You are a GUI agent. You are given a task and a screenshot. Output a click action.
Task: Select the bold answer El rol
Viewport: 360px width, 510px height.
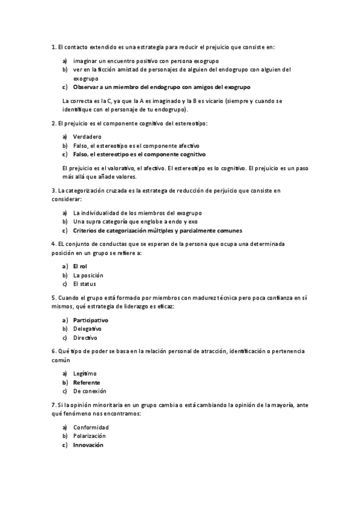point(80,266)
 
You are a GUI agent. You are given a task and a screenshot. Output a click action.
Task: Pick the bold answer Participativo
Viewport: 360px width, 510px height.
point(91,320)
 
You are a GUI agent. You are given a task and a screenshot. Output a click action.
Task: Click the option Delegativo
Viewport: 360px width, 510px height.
point(87,329)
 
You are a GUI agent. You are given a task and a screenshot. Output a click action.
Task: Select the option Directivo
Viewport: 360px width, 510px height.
point(85,338)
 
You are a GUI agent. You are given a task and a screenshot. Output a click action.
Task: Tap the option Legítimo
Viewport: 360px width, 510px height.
point(85,373)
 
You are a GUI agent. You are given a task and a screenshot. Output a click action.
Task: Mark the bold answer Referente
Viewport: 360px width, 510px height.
point(87,382)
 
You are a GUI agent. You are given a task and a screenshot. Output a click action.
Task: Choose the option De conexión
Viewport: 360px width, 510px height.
point(90,392)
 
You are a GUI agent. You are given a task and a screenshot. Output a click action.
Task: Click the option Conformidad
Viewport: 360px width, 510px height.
point(91,427)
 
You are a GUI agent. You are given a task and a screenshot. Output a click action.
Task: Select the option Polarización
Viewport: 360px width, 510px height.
point(89,436)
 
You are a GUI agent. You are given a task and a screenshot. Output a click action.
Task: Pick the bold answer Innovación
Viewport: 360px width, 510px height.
point(88,445)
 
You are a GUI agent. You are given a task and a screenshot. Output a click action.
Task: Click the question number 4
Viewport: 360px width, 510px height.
point(53,244)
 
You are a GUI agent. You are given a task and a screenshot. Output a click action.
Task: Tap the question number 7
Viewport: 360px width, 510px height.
point(53,405)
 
